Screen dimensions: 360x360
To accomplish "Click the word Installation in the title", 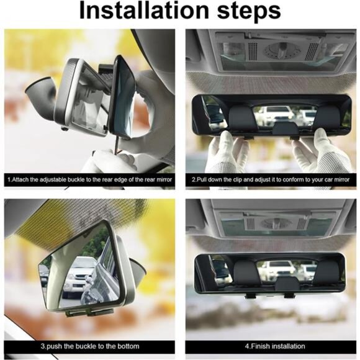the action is click(x=144, y=11).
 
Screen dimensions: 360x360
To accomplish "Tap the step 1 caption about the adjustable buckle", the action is click(x=89, y=179).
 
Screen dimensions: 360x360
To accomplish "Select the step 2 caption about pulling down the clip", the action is click(x=271, y=179).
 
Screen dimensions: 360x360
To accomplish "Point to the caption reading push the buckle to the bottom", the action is click(x=90, y=346).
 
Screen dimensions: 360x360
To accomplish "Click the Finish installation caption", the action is click(x=275, y=346).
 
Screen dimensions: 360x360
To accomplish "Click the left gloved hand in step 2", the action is click(x=227, y=151).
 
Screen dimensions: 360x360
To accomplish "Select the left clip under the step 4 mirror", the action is click(x=250, y=296).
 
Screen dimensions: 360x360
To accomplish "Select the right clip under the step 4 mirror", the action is click(x=290, y=295).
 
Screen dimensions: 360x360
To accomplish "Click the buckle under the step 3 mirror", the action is click(x=89, y=312).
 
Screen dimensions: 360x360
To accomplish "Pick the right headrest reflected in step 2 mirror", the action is click(x=327, y=117).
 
